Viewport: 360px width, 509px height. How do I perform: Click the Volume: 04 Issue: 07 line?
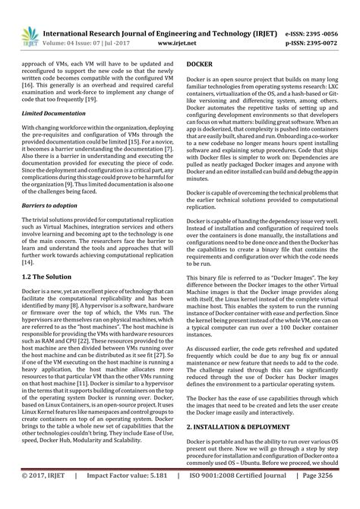[x=102, y=45]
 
